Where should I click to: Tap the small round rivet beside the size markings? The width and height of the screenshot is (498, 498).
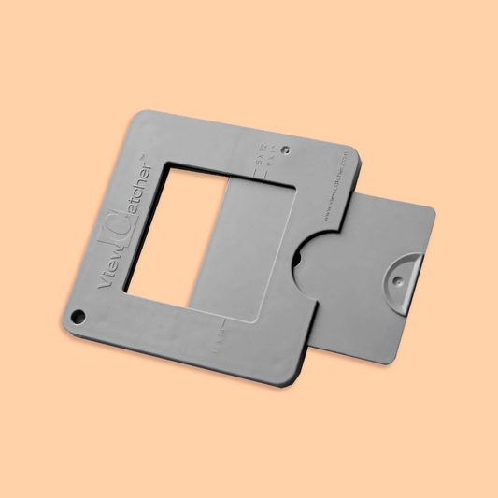pos(285,149)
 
